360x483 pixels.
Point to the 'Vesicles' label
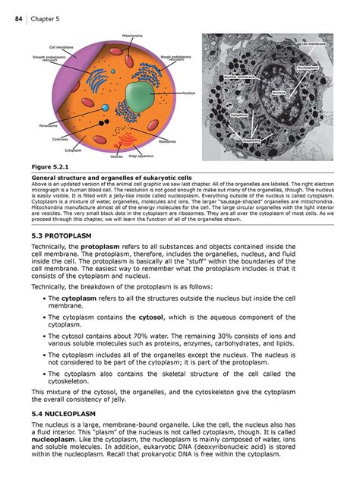116,156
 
